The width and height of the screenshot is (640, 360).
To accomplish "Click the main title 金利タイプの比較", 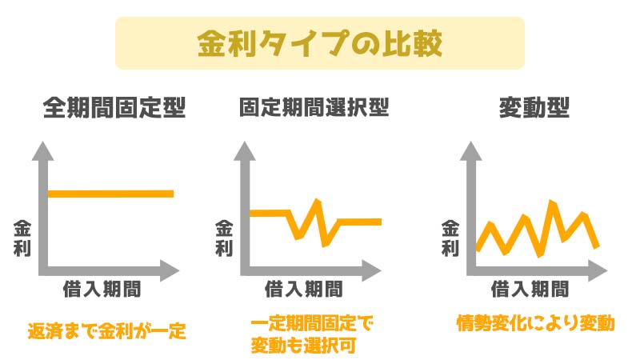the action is coord(319,43).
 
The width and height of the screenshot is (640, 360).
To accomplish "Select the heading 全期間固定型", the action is coord(114,108).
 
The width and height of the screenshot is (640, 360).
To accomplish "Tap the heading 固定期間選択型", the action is coord(314,108).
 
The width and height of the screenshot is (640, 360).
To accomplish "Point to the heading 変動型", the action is coord(534,108).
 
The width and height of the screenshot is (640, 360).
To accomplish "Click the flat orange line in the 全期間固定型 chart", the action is coord(110,194).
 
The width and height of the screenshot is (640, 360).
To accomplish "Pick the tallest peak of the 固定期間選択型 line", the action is coord(317,201).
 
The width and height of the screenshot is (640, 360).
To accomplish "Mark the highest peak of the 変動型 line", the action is coord(552,202).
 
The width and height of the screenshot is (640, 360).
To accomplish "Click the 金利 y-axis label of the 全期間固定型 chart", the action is coord(22,238).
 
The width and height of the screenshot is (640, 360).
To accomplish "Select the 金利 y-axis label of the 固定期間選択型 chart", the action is coord(224,238).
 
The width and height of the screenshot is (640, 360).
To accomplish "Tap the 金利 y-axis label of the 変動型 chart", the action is coord(450,238).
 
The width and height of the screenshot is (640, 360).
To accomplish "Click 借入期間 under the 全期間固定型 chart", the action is coord(102,289).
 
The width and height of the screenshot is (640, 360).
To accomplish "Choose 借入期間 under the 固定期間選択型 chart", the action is coord(304,289).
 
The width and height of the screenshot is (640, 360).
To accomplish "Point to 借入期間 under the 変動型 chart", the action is coord(530,289).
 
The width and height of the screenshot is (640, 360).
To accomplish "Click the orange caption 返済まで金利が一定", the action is coord(107,330).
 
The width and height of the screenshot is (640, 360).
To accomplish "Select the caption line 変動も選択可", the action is coord(303,346).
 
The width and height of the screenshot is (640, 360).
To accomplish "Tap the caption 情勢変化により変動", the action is coord(535,323).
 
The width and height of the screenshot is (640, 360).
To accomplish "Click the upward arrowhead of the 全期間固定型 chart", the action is coord(43,151).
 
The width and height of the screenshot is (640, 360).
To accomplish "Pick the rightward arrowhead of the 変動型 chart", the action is coord(598,270).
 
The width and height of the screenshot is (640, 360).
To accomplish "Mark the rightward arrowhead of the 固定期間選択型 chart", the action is coord(372,270).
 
